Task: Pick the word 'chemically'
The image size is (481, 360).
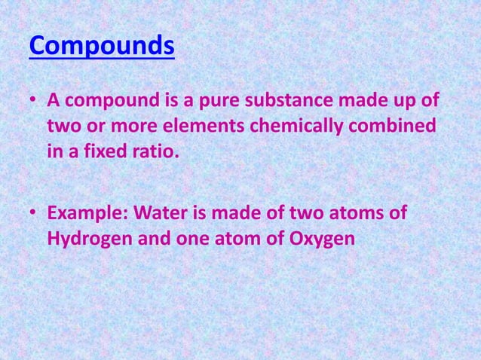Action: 303,126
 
